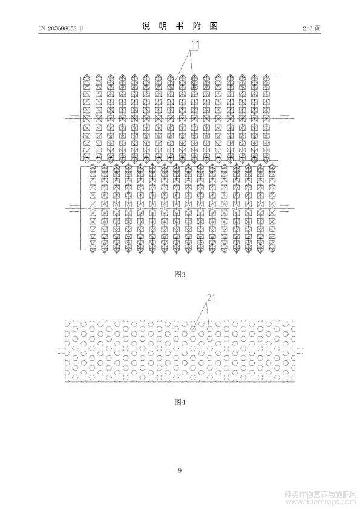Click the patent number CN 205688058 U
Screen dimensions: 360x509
pyautogui.click(x=61, y=28)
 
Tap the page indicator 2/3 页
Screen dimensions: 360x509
pyautogui.click(x=312, y=28)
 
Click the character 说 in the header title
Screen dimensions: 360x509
pyautogui.click(x=146, y=26)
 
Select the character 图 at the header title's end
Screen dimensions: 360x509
pyautogui.click(x=214, y=26)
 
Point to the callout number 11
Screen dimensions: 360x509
pyautogui.click(x=195, y=45)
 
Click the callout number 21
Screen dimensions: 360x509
pyautogui.click(x=211, y=297)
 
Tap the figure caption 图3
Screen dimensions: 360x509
pyautogui.click(x=180, y=274)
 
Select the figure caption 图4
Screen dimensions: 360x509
pyautogui.click(x=180, y=402)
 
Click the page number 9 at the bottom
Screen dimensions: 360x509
pyautogui.click(x=180, y=470)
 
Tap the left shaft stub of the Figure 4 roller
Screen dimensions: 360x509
pyautogui.click(x=61, y=351)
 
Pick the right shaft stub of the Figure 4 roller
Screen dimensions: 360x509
pyautogui.click(x=299, y=351)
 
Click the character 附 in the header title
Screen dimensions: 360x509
pyautogui.click(x=197, y=26)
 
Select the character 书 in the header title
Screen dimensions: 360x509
pyautogui.click(x=180, y=26)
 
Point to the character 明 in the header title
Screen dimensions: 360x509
pyautogui.click(x=163, y=26)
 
